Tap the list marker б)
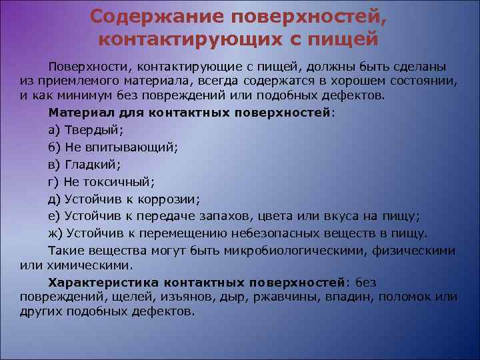[54, 147]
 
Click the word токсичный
[117, 181]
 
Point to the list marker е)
[54, 216]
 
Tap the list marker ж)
[55, 233]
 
